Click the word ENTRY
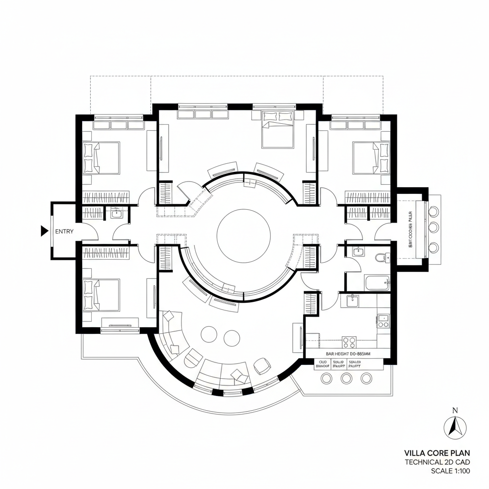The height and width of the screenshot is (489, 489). tap(64, 232)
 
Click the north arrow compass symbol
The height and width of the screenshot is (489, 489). tap(455, 427)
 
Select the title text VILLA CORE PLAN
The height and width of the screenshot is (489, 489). tap(437, 453)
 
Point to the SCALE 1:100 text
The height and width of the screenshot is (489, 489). tap(450, 471)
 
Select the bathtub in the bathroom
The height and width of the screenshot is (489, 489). tap(377, 283)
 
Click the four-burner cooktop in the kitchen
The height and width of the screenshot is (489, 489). tap(349, 342)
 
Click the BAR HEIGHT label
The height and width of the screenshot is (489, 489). tap(351, 354)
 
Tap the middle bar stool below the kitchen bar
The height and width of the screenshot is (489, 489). tap(346, 379)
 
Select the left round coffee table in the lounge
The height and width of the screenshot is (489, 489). tap(209, 334)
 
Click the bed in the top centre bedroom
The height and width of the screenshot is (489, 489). tap(277, 128)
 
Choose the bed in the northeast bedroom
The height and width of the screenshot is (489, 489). tap(371, 158)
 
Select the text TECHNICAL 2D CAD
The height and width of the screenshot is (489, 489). tap(437, 462)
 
